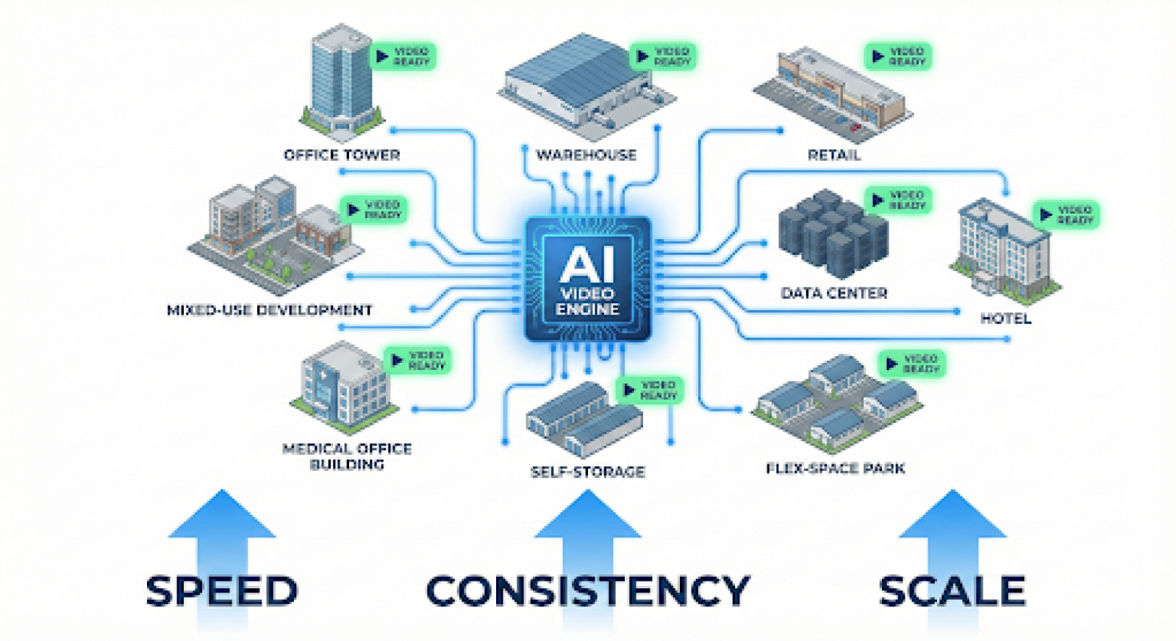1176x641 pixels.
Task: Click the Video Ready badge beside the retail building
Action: (897, 57)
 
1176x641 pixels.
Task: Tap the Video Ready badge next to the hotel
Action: (1066, 215)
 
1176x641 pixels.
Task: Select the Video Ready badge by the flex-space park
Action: (911, 363)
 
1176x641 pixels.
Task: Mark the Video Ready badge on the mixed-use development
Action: (373, 210)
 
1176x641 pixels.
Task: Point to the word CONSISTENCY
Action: (587, 591)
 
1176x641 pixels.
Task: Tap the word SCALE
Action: (952, 591)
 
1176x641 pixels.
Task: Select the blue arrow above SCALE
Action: (953, 529)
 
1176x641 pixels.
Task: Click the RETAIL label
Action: (833, 155)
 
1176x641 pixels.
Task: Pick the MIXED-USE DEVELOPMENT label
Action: (270, 310)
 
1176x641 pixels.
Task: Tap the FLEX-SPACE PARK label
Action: (835, 468)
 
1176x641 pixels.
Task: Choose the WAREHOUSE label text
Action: (586, 155)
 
